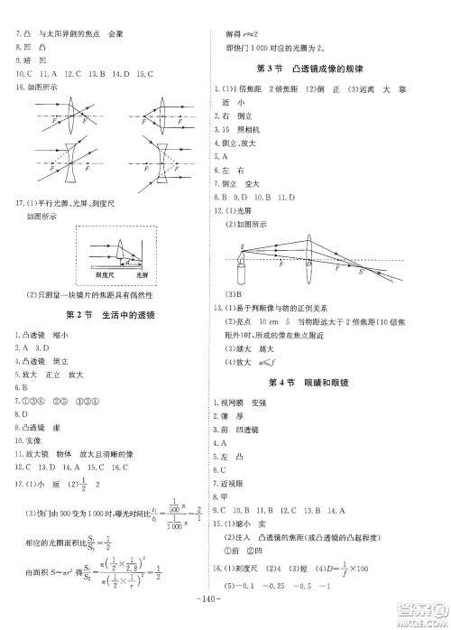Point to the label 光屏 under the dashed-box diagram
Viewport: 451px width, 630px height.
[x=142, y=272]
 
